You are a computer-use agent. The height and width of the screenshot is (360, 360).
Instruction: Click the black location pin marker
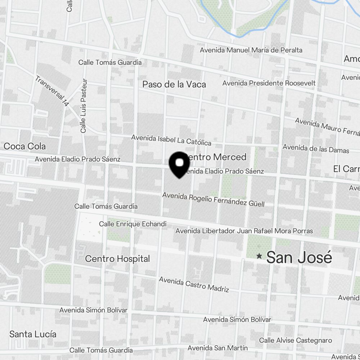pos(179,164)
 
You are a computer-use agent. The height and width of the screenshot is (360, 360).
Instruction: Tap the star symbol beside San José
pos(259,256)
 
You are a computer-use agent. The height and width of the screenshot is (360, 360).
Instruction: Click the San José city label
pos(299,258)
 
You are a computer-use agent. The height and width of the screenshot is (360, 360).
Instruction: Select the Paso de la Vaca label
pos(174,84)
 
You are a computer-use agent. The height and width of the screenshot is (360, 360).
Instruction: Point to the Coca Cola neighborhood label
pos(24,146)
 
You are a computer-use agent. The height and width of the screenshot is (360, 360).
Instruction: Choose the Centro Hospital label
pos(117,258)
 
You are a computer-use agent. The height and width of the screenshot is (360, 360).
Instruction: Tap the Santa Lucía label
pos(33,334)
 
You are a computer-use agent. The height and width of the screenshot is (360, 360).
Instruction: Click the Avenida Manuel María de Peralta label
pos(251,50)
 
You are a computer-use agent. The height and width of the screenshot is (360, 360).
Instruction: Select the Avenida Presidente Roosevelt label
pos(269,83)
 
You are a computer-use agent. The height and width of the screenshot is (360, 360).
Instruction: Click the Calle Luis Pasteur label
pos(84,106)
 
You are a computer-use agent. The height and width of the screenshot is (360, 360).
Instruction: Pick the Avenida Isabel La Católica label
pos(171,140)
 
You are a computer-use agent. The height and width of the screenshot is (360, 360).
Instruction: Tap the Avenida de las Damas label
pos(316,148)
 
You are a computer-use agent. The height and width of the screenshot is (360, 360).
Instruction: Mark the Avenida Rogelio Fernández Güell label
pos(213,199)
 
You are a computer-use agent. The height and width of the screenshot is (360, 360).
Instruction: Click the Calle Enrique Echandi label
pos(132,224)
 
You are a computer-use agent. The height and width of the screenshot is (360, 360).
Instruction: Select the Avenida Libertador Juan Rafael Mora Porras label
pos(244,231)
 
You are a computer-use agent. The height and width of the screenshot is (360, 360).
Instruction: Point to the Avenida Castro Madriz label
pos(194,284)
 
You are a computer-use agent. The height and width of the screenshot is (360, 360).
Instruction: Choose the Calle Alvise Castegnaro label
pos(296,340)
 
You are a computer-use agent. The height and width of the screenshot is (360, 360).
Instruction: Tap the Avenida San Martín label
pos(217,348)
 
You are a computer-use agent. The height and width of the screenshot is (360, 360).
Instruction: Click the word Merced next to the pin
pos(229,157)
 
